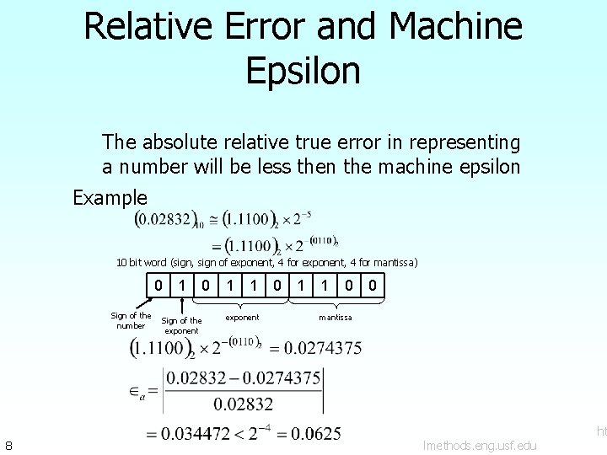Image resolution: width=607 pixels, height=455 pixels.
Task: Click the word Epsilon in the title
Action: (x=303, y=70)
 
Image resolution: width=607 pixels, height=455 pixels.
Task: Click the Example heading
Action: (x=110, y=198)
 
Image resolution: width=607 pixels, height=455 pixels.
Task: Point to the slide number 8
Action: (x=8, y=444)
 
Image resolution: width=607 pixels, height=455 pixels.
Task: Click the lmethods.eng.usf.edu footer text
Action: (x=480, y=444)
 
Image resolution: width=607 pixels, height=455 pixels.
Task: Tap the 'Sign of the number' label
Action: (x=132, y=321)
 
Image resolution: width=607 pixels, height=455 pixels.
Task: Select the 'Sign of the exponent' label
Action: (x=181, y=325)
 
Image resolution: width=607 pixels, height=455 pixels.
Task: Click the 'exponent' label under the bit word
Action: (x=242, y=318)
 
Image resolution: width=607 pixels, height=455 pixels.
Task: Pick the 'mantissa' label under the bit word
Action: (x=335, y=318)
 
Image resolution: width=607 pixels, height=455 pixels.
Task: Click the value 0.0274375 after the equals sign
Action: (x=323, y=347)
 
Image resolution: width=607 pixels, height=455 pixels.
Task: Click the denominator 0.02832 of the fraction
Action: (x=243, y=404)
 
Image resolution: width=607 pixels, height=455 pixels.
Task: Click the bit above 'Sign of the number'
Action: (x=158, y=286)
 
